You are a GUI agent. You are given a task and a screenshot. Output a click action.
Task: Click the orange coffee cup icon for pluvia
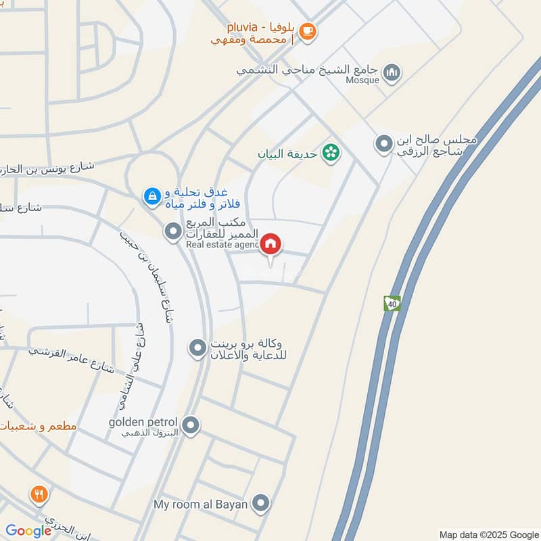pos(308,31)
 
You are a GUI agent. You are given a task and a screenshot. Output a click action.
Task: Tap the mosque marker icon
pos(392,72)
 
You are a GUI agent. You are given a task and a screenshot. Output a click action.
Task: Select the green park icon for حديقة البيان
pos(331,153)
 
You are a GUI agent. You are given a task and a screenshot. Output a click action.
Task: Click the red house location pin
pos(271,245)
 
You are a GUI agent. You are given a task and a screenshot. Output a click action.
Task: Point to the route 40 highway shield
pos(392,304)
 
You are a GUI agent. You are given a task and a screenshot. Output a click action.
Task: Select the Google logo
pos(28,531)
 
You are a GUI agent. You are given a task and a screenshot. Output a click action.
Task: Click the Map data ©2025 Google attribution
pos(488,534)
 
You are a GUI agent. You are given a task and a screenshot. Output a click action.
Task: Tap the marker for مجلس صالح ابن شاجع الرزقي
pos(383,144)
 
